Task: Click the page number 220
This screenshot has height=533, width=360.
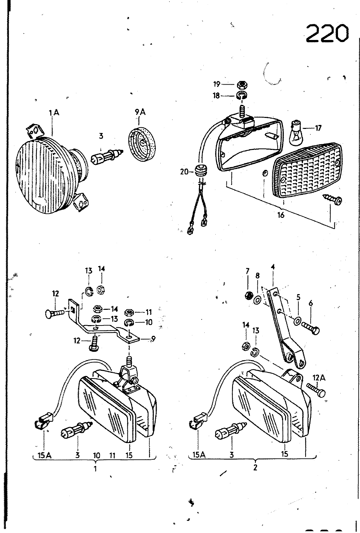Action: (x=327, y=34)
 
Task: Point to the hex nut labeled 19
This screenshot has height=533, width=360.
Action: (x=243, y=85)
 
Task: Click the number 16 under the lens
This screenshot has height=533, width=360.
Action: (x=281, y=215)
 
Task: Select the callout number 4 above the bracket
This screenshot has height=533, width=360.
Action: (x=273, y=267)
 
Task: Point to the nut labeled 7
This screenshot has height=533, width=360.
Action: (x=249, y=295)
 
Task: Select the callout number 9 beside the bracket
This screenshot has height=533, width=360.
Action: (x=153, y=338)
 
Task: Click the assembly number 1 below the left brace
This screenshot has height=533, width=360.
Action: (x=95, y=468)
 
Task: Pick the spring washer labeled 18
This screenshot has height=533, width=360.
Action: (x=242, y=95)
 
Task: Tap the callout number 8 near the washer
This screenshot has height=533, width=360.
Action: (x=257, y=275)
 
